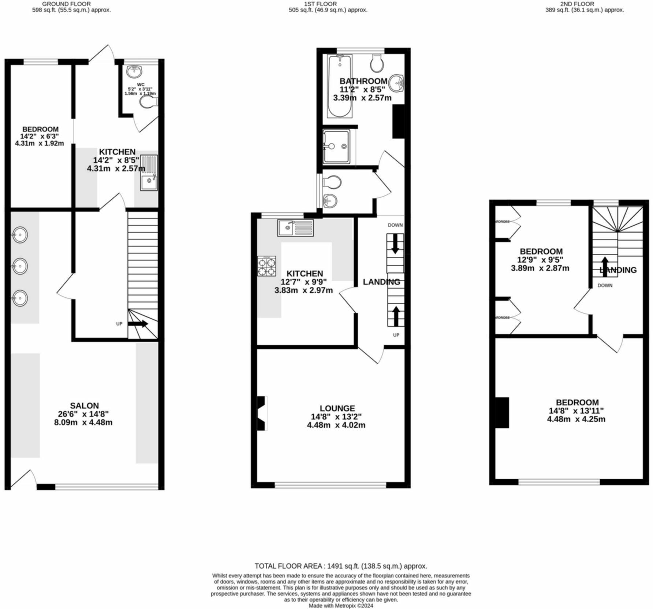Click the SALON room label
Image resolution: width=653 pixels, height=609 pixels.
85,406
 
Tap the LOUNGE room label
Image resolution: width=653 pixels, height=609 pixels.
337,408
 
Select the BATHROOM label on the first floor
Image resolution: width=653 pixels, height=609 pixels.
363,81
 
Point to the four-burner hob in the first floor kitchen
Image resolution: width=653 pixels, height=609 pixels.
266,266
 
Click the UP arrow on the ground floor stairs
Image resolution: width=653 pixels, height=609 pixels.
138,324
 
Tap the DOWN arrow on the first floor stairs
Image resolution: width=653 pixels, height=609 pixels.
395,245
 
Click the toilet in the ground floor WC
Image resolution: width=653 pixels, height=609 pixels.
148,102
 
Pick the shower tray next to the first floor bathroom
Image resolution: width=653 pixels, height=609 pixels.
336,146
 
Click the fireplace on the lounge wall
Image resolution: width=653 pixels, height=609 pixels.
262,413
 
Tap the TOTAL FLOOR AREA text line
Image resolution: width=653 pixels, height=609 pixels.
341,566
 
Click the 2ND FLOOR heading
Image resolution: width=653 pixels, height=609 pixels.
584,4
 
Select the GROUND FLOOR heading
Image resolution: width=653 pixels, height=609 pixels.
66,4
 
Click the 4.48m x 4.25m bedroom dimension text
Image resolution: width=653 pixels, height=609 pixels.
576,419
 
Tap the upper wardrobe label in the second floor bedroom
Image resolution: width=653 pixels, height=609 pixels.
502,222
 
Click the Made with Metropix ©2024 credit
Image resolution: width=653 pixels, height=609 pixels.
341,606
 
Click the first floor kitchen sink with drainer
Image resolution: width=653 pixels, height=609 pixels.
295,228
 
